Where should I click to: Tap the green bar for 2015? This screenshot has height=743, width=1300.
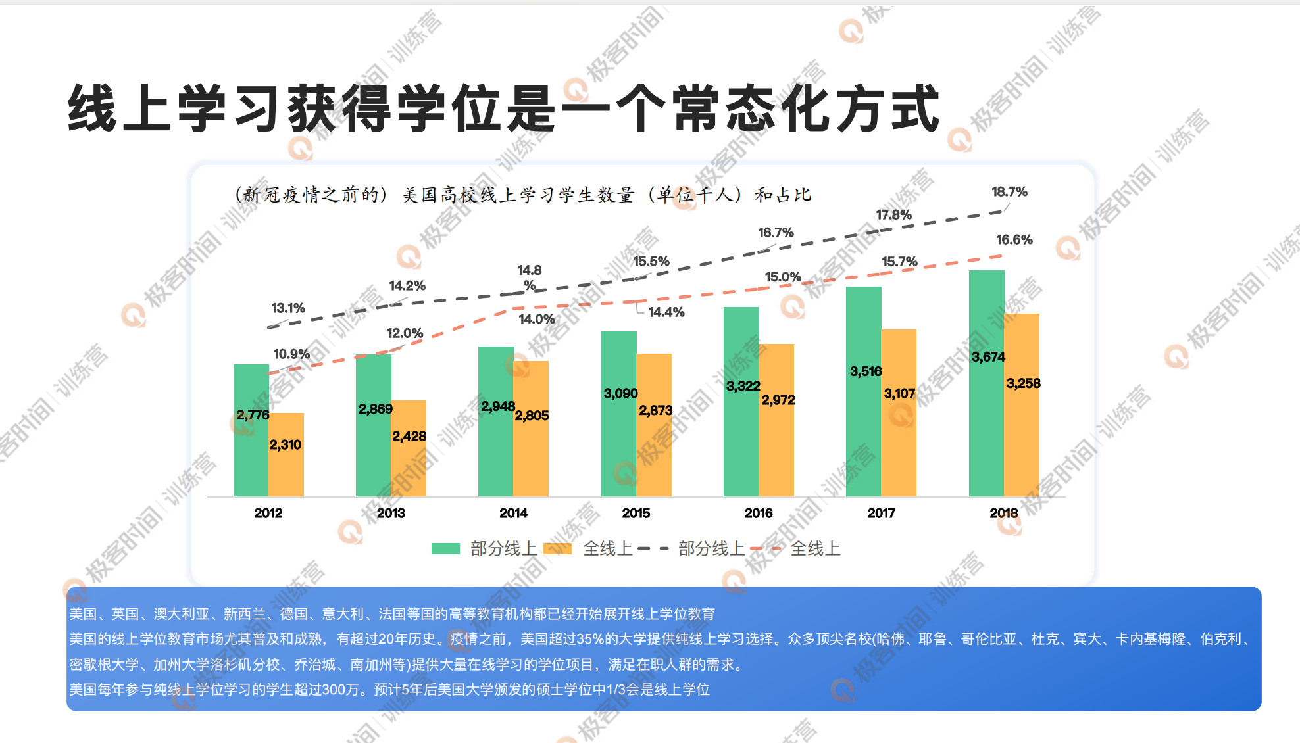pyautogui.click(x=618, y=447)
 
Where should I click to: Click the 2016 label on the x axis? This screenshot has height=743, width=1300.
pyautogui.click(x=758, y=513)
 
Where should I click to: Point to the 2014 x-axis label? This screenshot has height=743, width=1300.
pyautogui.click(x=513, y=513)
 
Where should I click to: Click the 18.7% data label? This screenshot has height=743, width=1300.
pyautogui.click(x=1009, y=192)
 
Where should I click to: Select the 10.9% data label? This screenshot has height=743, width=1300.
pyautogui.click(x=291, y=354)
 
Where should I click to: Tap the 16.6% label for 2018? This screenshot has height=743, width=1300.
pyautogui.click(x=1014, y=240)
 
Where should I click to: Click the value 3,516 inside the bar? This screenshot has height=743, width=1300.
pyautogui.click(x=865, y=371)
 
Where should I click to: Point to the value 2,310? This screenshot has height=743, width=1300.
pyautogui.click(x=285, y=445)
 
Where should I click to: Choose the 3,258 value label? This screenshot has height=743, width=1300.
pyautogui.click(x=1023, y=383)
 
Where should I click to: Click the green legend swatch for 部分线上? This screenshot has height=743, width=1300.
pyautogui.click(x=445, y=548)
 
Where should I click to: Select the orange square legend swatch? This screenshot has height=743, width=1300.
pyautogui.click(x=558, y=548)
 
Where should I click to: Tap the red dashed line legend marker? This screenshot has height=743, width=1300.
pyautogui.click(x=766, y=548)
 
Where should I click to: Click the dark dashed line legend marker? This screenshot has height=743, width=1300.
pyautogui.click(x=653, y=548)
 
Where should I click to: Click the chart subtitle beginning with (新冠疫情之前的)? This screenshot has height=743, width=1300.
pyautogui.click(x=523, y=195)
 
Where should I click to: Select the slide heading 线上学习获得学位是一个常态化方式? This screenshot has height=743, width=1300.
pyautogui.click(x=504, y=109)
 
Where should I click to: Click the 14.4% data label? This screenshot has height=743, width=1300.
pyautogui.click(x=666, y=312)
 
